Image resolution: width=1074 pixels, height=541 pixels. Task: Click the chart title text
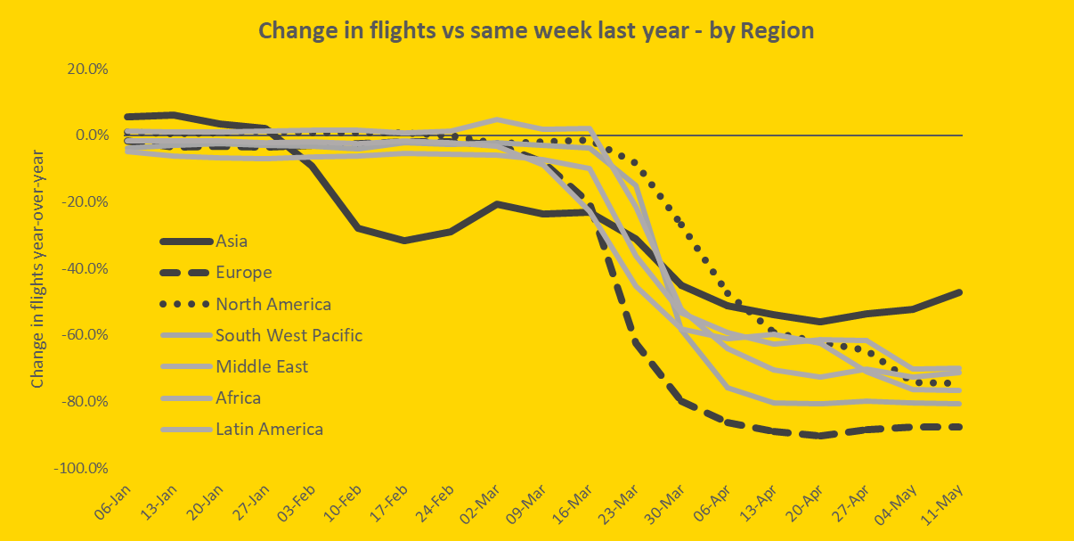[x=536, y=30]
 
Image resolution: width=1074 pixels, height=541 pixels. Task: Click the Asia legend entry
[x=232, y=241]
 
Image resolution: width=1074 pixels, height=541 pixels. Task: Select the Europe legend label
[x=243, y=273]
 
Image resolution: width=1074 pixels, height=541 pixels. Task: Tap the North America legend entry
[x=273, y=304]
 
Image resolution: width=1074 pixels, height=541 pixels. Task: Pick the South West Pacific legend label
[x=289, y=335]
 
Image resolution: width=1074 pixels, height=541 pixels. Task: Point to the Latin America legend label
[x=269, y=429]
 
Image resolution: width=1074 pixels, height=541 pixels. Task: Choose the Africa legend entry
[x=238, y=398]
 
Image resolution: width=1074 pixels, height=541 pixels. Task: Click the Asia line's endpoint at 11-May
[x=960, y=292]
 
